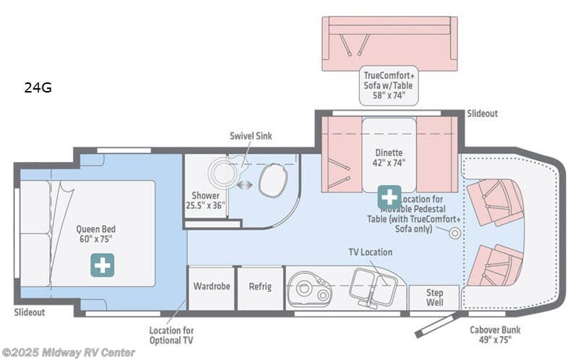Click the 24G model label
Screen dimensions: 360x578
38,89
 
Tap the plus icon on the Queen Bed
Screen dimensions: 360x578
101,265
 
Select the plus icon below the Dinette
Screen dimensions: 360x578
389,196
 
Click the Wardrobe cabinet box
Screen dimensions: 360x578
211,287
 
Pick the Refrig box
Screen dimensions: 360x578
260,287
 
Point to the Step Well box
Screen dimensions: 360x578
434,298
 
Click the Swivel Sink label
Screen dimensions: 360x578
251,136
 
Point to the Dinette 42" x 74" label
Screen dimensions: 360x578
389,158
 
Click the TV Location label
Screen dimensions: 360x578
370,252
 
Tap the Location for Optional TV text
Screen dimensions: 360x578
171,335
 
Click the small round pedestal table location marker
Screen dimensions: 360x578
454,233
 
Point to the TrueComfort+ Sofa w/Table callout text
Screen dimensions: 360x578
389,84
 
